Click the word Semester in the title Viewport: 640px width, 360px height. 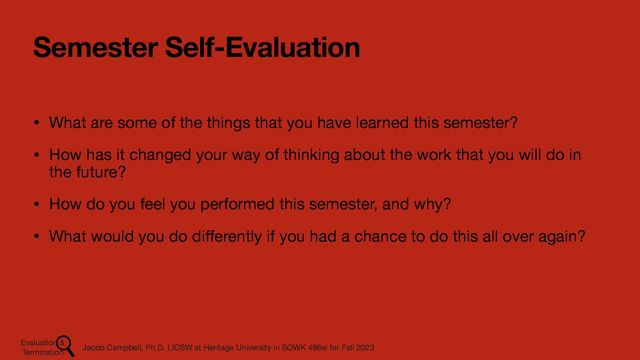(x=95, y=48)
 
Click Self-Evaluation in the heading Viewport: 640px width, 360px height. (x=262, y=48)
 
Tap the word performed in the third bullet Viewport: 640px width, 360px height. (x=237, y=204)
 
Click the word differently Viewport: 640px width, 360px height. (x=227, y=236)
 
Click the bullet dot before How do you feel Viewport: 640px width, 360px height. (x=36, y=205)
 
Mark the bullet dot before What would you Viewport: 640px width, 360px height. (x=36, y=237)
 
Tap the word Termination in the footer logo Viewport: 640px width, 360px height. (x=42, y=352)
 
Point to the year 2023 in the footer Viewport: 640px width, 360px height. (x=365, y=348)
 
